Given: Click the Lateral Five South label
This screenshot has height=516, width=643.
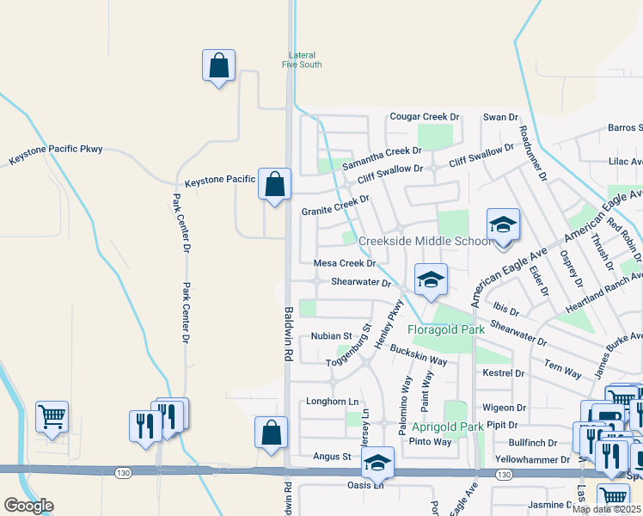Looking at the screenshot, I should pos(304,59).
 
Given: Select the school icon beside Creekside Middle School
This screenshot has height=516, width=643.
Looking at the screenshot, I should pos(503,225).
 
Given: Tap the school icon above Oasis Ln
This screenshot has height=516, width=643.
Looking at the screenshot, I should pos(377,464).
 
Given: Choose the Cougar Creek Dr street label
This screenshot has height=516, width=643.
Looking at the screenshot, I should pos(425,116).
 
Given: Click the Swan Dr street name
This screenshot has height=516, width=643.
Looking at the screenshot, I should pos(500,116).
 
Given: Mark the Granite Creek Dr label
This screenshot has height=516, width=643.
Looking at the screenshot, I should pos(335,206).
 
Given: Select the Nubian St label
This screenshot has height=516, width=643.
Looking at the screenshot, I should pos(332,335).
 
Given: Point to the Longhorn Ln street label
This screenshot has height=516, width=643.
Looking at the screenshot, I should pos(333,402).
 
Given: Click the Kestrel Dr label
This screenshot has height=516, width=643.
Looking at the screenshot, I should pos(504,373).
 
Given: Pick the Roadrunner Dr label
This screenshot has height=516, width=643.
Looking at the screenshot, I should pos(533,155).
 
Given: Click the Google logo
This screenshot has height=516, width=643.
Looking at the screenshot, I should pos(28,506).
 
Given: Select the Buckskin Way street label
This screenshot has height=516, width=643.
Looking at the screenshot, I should pos(419,355).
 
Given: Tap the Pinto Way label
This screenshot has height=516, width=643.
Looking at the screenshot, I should pos(430,442).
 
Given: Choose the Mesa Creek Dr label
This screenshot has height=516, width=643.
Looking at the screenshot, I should pos(345,263).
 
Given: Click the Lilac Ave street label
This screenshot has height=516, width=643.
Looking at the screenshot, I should pos(625,161).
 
